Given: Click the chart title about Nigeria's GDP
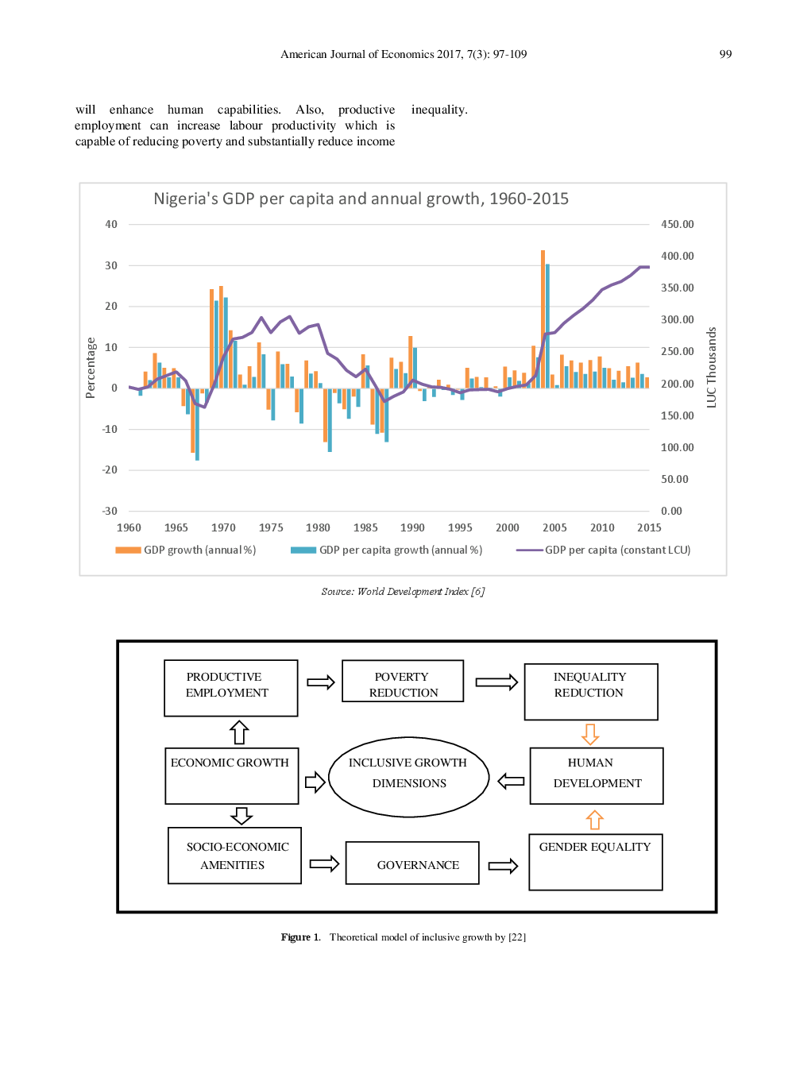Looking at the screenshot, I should pos(361,199).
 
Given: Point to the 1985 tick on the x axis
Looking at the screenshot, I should pos(365,527).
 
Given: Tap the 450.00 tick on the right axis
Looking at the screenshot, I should pos(677,224).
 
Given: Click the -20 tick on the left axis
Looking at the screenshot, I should pos(110,469).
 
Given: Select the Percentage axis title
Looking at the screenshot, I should pos(91,368).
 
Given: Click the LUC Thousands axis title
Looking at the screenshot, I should pos(711,368).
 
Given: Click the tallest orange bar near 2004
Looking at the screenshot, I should pos(543,318).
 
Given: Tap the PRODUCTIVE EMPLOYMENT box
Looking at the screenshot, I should pos(231,688).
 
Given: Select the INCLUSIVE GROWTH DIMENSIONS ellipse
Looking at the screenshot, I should pos(408,776).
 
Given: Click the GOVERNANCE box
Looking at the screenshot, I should pos(412,863).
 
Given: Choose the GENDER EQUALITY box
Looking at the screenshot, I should pos(595,862).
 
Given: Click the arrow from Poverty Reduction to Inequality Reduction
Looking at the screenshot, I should pos(496,682).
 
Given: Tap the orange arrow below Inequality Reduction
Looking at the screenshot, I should pos(590,734).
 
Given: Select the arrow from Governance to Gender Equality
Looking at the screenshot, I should pos(503,865).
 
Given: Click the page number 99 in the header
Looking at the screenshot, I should pos(724,54).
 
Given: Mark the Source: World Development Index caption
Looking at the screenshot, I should pos(403,591).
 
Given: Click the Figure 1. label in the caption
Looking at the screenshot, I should pos(300,937).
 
